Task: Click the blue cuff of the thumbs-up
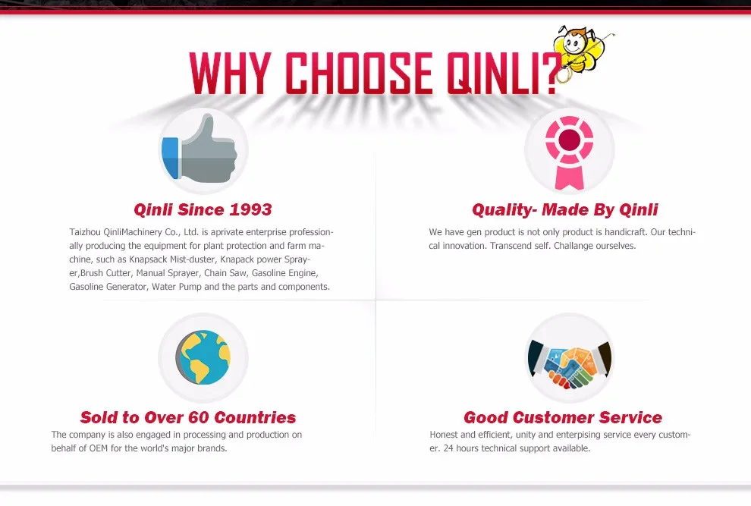170,158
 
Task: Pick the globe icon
203,357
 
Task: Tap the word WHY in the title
231,74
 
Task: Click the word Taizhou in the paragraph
85,232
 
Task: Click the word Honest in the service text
444,435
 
